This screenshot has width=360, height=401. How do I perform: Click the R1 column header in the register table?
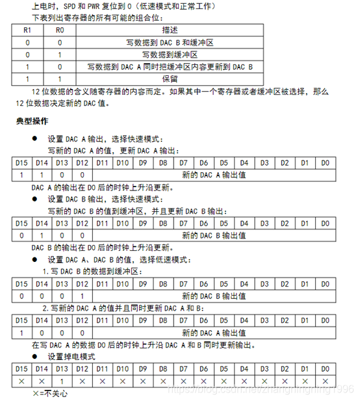click(x=27, y=31)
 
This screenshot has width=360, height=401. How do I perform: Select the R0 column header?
click(x=60, y=31)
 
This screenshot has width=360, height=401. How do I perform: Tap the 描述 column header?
click(x=170, y=31)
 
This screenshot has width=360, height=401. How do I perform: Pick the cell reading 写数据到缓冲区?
click(x=170, y=54)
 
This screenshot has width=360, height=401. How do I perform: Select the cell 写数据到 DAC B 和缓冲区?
click(x=170, y=42)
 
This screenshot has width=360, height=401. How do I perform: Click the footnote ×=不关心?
click(x=49, y=393)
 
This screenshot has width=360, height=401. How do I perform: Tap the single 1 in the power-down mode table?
click(x=60, y=381)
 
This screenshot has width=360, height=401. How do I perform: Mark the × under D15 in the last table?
click(x=21, y=381)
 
